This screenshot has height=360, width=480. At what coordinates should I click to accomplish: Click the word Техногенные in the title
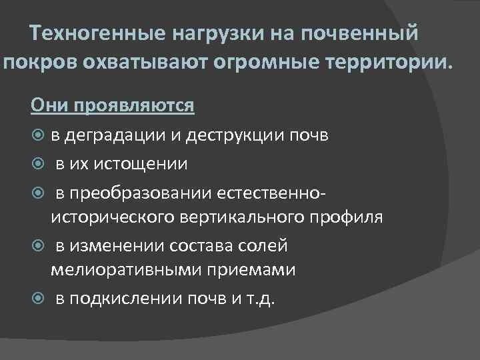(x=99, y=33)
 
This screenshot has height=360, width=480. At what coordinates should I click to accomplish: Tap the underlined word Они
(x=51, y=105)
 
